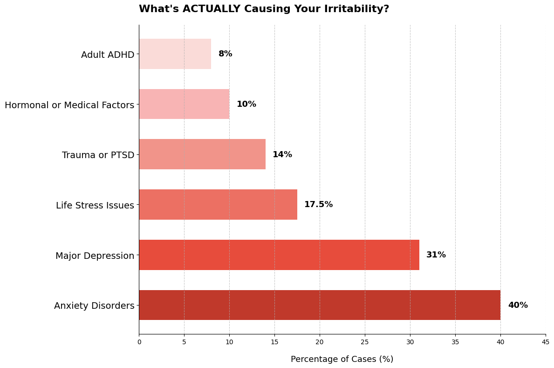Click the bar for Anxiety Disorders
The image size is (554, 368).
tap(320, 305)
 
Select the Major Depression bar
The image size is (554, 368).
tap(279, 255)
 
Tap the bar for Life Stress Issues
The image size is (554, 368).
tap(218, 204)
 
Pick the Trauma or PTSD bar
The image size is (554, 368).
tap(202, 154)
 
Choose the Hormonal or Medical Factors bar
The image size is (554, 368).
tap(184, 104)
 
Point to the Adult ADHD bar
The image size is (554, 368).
tap(175, 54)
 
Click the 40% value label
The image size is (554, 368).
tap(518, 305)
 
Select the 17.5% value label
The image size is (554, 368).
tap(318, 204)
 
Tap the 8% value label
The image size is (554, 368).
tap(225, 54)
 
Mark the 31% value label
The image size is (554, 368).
tap(436, 255)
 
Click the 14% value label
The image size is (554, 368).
tap(282, 154)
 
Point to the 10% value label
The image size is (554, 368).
tap(246, 104)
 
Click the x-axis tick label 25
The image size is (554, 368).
tap(365, 342)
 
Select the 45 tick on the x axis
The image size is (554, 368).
tap(545, 342)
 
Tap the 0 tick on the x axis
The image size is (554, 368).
tap(139, 342)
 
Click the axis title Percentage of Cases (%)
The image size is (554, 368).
tap(342, 359)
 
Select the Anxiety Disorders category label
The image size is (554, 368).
tap(94, 306)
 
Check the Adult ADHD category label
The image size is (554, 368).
tap(108, 55)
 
